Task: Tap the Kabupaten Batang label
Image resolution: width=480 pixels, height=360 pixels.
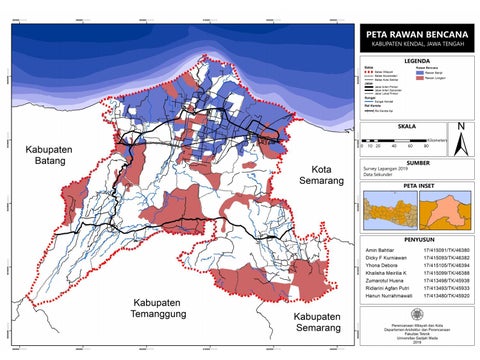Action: point(45,156)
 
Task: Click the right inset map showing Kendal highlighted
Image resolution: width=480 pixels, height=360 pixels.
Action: point(439,213)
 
